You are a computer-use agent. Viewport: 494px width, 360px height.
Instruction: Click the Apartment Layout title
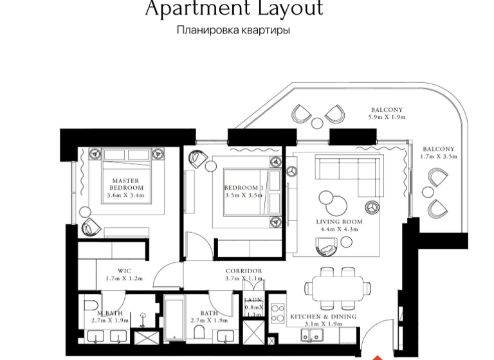tap(233, 9)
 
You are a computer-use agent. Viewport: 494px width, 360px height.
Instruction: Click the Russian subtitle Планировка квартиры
tap(233, 30)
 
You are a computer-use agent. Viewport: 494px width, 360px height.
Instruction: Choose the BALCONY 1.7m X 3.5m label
tap(437, 152)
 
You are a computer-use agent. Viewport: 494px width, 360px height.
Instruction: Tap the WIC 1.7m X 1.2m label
tap(124, 274)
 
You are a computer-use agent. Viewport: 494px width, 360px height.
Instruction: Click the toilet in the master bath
tap(90, 305)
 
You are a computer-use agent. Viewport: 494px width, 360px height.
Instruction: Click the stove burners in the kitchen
tap(277, 313)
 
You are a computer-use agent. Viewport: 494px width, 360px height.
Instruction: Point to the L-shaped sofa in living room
tap(348, 174)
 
